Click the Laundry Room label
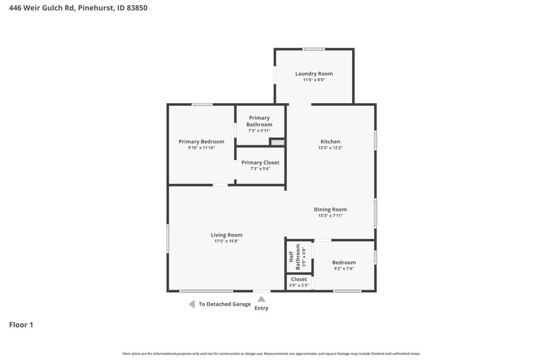click(x=314, y=74)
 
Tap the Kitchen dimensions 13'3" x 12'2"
click(x=331, y=147)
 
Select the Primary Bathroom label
click(x=259, y=121)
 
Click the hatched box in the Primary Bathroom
click(x=278, y=142)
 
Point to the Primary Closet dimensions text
click(x=261, y=168)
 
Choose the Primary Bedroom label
click(x=201, y=142)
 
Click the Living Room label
click(x=227, y=235)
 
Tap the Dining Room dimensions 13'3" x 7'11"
click(x=331, y=215)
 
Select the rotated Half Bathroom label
click(x=294, y=257)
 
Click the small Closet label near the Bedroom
click(x=299, y=279)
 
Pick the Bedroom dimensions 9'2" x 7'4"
click(x=344, y=268)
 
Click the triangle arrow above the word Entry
click(x=261, y=299)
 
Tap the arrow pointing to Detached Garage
click(x=191, y=304)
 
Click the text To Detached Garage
click(x=225, y=304)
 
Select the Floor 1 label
click(x=21, y=325)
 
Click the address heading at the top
click(x=78, y=7)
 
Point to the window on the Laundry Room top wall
click(x=314, y=49)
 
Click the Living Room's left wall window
click(x=168, y=238)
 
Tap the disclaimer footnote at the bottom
click(x=271, y=354)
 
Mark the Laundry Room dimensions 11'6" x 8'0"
click(x=314, y=79)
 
